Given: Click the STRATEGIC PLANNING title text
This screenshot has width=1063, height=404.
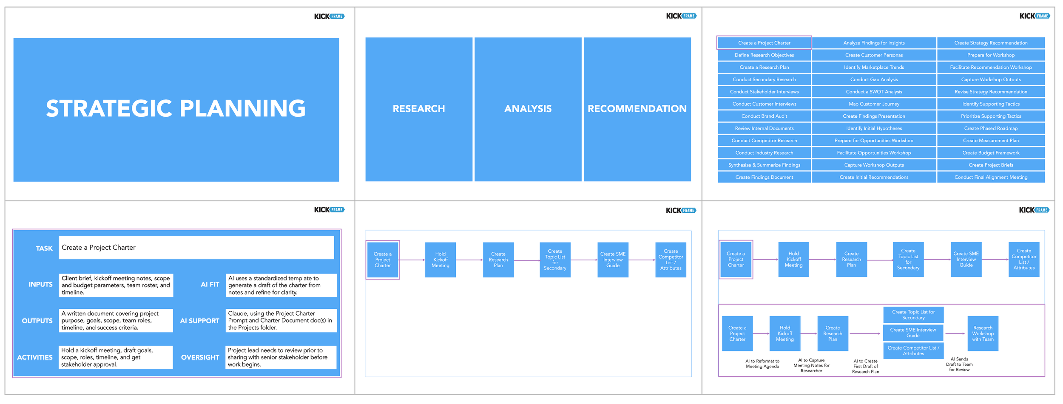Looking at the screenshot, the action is pos(176,108).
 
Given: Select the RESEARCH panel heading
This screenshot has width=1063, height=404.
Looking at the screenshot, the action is pos(418,109).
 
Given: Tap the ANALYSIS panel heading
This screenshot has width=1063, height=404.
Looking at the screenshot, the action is pos(528,109).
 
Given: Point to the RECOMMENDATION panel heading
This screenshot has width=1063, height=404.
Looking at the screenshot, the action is pos(637,109).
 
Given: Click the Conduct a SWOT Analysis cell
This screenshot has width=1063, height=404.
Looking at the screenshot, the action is pos(873,92).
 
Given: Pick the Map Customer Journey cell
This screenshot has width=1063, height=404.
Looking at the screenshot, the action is pos(873,104).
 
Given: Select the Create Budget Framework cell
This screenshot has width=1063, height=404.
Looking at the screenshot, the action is pos(990,153).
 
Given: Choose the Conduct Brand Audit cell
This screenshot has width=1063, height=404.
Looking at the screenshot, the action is pos(764,116).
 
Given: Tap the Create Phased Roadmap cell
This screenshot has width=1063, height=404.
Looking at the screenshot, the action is pos(990,128).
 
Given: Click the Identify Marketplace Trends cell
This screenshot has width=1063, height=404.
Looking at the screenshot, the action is pos(873,68).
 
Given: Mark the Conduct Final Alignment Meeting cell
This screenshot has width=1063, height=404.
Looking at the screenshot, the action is pos(990,178).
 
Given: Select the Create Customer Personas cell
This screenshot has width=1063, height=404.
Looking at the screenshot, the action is pos(873,55).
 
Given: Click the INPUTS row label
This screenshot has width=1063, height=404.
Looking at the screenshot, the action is pos(40,285).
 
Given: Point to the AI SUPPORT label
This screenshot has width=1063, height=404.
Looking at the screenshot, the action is pos(199,321).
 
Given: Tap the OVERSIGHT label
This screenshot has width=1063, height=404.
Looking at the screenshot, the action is pos(200,358).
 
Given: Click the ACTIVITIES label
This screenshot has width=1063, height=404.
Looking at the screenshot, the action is pos(35,358).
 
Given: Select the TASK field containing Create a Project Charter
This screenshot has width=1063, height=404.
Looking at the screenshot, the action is pos(196,248).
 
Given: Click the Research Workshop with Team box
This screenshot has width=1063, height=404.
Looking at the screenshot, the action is pos(982,334).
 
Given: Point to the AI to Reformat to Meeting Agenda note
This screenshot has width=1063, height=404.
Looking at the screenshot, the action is pos(762,364).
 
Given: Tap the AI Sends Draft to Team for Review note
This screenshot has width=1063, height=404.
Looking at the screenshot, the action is pos(959,364).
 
